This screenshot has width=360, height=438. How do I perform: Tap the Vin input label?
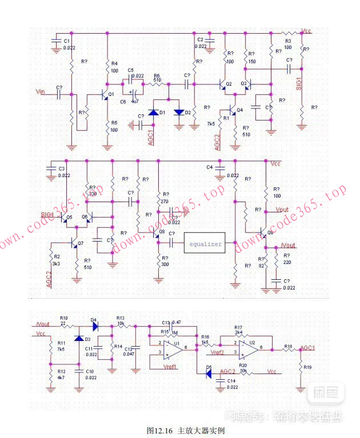point(40,91)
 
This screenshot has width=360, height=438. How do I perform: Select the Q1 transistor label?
point(111,94)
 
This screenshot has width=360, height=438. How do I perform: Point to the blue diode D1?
point(153,112)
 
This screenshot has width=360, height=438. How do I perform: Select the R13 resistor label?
point(120,319)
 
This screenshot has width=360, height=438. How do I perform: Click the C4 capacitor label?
point(209,167)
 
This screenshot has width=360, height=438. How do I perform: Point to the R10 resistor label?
point(64,318)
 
